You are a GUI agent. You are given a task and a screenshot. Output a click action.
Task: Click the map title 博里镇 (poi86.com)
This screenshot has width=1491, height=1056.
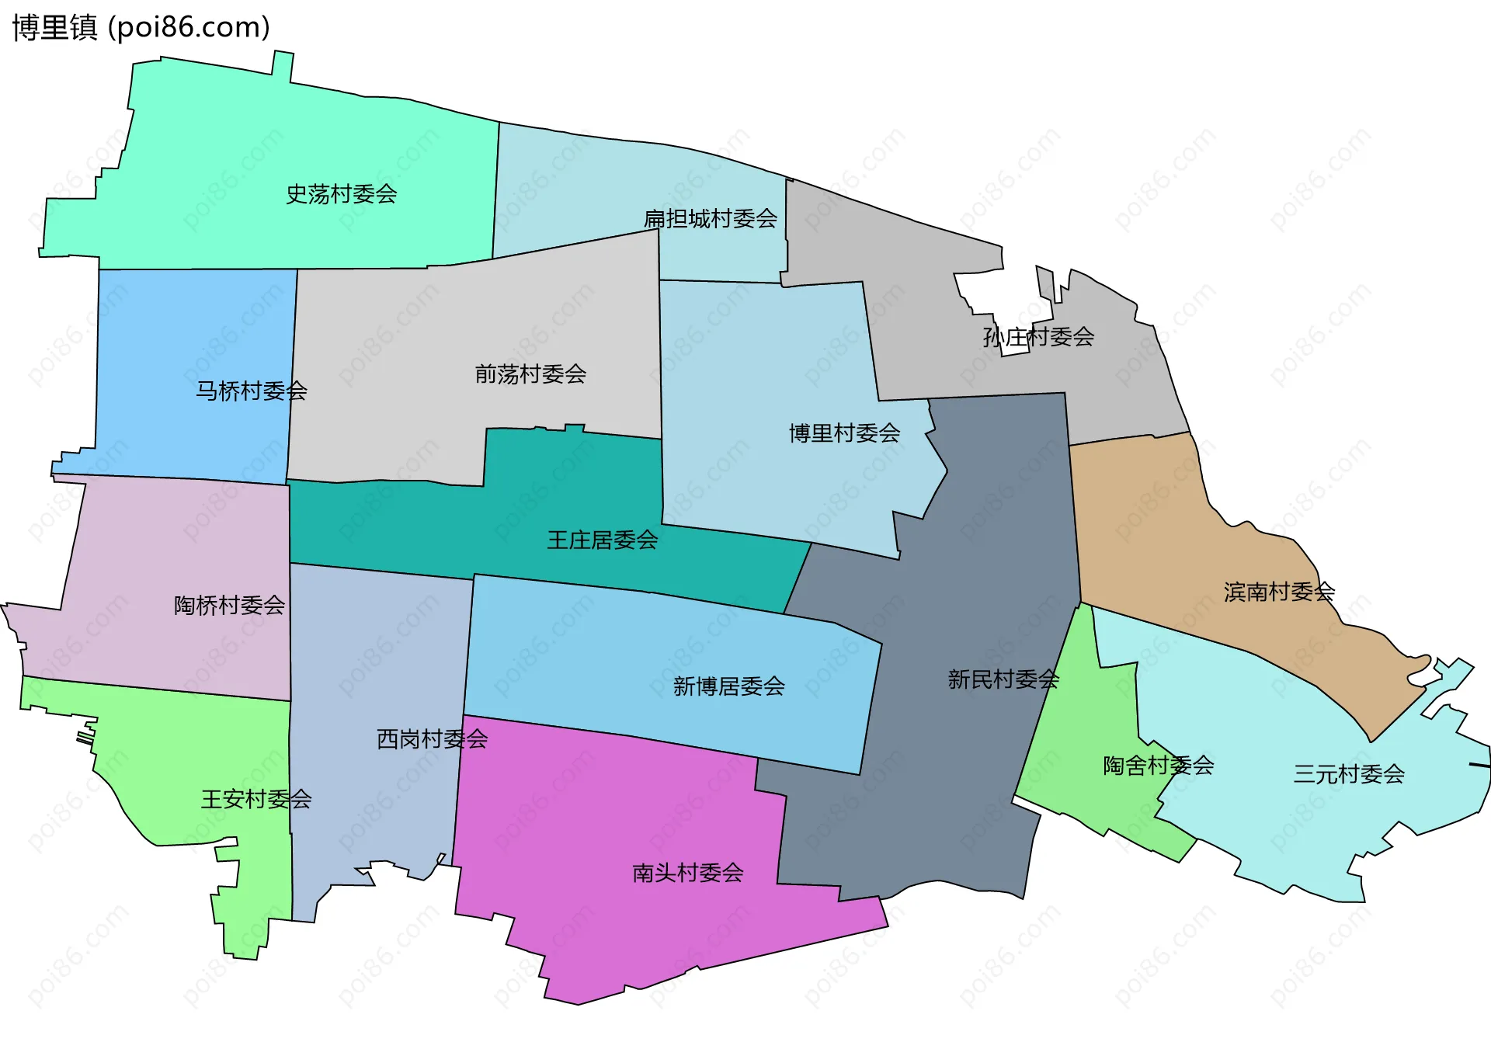coord(141,28)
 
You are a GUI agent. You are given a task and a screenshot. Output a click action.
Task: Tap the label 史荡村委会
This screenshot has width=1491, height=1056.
coord(341,194)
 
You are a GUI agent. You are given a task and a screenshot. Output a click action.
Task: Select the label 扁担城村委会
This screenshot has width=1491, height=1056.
coord(710,219)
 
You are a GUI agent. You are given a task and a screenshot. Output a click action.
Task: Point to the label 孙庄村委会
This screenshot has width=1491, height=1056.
coord(1038,337)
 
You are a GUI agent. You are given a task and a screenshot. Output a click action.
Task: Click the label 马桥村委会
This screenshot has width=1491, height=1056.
coord(251,391)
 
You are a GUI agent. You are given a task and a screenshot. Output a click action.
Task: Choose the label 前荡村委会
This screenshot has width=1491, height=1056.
coord(530,374)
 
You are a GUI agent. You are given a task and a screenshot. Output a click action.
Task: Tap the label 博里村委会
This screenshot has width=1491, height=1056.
coord(844,433)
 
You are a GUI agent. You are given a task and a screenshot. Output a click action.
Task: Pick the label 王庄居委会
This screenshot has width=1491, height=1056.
coord(602,540)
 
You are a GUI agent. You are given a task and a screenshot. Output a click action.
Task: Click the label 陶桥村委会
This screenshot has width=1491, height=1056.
coord(229,605)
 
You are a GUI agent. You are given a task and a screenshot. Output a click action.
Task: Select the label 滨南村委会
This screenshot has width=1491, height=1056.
coord(1279,592)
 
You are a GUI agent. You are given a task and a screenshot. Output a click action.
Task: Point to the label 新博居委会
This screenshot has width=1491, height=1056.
coord(728,686)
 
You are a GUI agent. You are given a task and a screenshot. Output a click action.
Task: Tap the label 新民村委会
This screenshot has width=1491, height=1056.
coord(1003,679)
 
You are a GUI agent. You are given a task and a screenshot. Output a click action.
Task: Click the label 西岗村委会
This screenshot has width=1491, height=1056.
coord(432,738)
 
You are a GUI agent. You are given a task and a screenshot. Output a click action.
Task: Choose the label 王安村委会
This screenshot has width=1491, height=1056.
coord(256,799)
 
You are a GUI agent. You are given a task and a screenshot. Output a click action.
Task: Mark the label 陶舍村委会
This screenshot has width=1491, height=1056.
coord(1158,766)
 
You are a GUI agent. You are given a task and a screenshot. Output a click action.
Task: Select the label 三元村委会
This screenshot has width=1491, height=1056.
coord(1349,774)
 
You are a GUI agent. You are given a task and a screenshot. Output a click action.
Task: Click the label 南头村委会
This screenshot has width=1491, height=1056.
coord(687,873)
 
